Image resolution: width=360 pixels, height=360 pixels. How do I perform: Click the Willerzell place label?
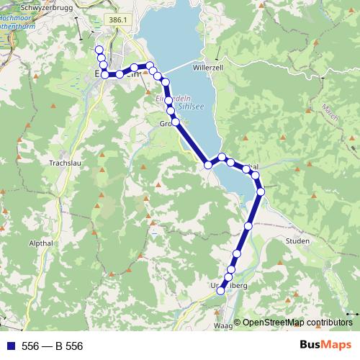pyautogui.click(x=209, y=67)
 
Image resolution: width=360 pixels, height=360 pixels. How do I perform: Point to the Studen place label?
pyautogui.click(x=297, y=240)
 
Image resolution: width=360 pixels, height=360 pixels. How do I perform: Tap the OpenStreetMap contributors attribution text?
pyautogui.click(x=297, y=323)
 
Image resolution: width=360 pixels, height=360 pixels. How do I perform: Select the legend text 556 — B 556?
pyautogui.click(x=53, y=346)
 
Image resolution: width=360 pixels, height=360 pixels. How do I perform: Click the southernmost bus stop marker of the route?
pyautogui.click(x=222, y=290)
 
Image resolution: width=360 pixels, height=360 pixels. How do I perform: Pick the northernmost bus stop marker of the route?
pyautogui.click(x=99, y=48)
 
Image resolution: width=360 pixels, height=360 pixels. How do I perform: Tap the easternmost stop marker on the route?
pyautogui.click(x=261, y=191)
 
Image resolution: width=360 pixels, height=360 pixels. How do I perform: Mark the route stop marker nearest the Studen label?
pyautogui.click(x=248, y=226)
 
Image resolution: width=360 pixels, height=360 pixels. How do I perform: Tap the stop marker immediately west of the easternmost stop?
pyautogui.click(x=255, y=175)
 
